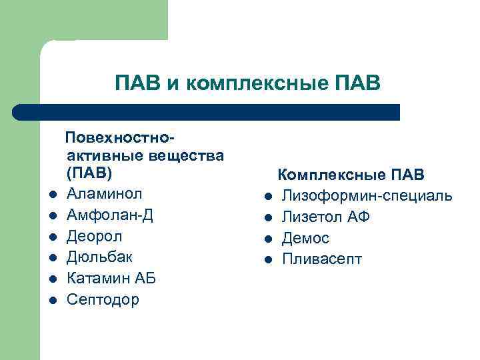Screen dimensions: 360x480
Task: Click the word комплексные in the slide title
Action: (x=255, y=83)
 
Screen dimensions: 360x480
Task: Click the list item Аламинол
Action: (x=104, y=193)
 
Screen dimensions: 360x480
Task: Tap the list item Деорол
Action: (x=95, y=236)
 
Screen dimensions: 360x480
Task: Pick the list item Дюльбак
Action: (x=99, y=257)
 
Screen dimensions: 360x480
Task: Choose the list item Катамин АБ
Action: (x=111, y=279)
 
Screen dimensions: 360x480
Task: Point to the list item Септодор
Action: (x=103, y=300)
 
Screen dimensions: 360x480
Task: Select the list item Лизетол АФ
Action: (x=325, y=217)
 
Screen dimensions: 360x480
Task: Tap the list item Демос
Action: (x=305, y=238)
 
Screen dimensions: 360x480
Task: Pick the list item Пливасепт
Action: (x=321, y=259)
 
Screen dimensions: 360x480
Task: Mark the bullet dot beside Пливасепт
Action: (x=266, y=260)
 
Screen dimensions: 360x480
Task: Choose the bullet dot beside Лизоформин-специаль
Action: (x=266, y=197)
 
